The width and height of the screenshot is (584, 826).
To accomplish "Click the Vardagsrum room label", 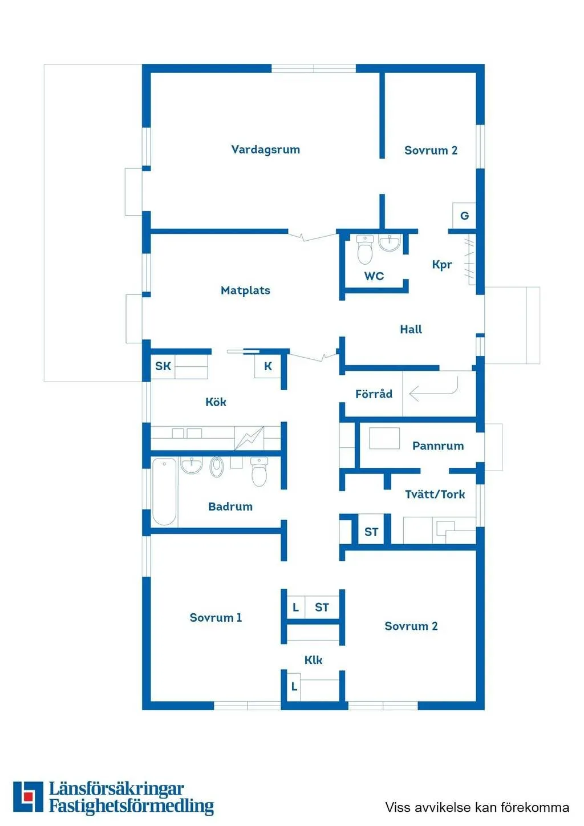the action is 265,149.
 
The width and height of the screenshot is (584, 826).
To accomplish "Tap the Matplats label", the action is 246,290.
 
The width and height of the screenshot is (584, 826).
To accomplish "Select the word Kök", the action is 216,402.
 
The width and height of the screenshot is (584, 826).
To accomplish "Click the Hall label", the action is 411,329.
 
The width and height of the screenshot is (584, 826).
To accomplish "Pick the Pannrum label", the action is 438,446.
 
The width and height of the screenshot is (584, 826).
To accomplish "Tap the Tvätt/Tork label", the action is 435,495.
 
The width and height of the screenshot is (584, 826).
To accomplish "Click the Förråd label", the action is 374,394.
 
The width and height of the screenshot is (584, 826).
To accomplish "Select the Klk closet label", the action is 313,660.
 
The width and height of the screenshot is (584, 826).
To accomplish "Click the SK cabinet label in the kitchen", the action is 163,366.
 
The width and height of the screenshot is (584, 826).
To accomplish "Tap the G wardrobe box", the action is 464,216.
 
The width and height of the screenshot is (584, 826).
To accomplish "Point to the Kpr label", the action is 442,265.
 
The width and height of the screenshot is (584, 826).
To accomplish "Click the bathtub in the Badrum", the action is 164,492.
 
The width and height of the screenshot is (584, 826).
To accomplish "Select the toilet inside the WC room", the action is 365,250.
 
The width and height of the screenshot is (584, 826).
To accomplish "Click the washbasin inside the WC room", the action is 390,243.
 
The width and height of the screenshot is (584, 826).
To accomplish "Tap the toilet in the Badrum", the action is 259,472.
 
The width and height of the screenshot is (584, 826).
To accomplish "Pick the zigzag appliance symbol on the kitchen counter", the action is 250,438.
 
